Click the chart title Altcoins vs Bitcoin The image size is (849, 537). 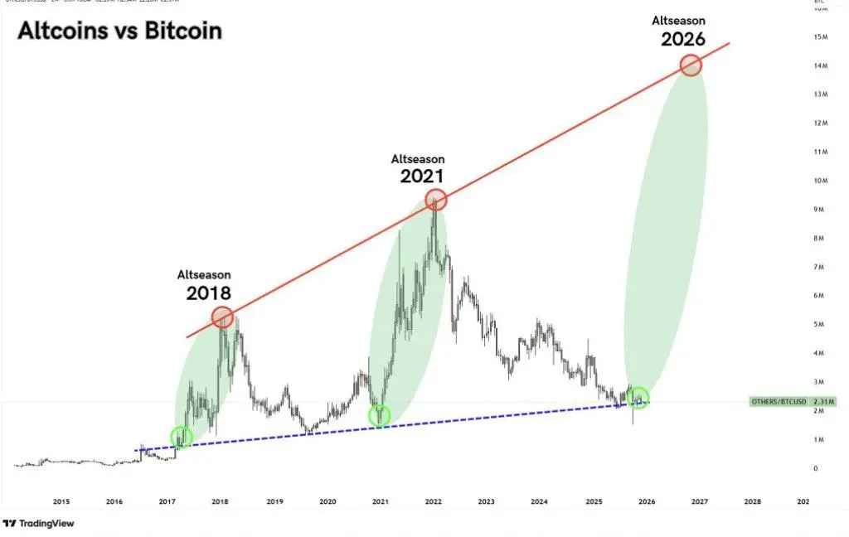120,31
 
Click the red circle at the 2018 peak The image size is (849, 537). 221,317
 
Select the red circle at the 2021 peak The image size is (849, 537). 436,199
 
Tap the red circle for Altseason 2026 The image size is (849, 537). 691,65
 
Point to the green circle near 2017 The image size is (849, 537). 181,437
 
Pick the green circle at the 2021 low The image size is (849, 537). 380,415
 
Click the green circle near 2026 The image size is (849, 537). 638,398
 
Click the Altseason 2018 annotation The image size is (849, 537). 204,283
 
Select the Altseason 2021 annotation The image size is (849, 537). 418,167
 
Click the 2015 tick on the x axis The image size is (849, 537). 61,501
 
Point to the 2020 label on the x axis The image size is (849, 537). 327,501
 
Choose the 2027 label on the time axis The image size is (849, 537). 699,501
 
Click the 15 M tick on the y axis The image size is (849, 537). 821,36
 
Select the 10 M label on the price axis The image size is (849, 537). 821,181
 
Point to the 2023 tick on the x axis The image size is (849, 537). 486,501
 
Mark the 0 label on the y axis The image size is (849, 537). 815,468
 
